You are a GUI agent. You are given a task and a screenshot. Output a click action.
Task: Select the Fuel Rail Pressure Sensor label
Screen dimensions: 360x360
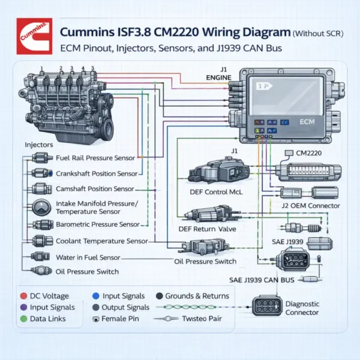[x=94, y=158]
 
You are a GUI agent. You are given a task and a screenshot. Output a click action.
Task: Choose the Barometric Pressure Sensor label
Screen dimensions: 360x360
[x=97, y=224]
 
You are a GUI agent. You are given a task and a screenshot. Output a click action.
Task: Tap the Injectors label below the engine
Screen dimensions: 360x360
[x=39, y=145]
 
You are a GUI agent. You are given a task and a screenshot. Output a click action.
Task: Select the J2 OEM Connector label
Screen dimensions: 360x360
[x=310, y=206]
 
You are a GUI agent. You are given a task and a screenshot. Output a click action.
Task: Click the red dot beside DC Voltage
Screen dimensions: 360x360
[x=23, y=296]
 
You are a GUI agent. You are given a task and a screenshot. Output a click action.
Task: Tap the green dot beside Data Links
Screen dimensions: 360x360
[x=23, y=319]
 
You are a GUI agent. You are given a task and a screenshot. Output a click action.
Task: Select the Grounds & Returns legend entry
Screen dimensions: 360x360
[x=193, y=296]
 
